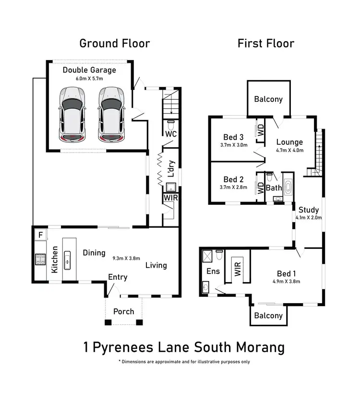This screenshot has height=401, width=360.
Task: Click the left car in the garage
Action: click(x=73, y=115)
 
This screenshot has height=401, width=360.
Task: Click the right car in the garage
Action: click(x=111, y=115)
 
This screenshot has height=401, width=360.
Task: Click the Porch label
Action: click(x=124, y=312)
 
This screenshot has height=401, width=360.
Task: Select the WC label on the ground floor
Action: click(x=170, y=134)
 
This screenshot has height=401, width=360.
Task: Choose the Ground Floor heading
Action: click(x=114, y=44)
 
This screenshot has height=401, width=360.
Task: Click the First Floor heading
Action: click(x=266, y=44)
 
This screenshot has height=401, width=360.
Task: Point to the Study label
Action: click(x=308, y=210)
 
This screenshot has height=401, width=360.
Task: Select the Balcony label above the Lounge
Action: click(x=268, y=99)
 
